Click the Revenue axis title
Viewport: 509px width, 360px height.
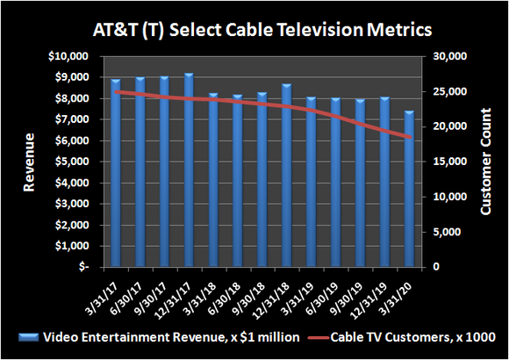[x=28, y=161]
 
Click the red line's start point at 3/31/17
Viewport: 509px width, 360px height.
[x=116, y=91]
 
